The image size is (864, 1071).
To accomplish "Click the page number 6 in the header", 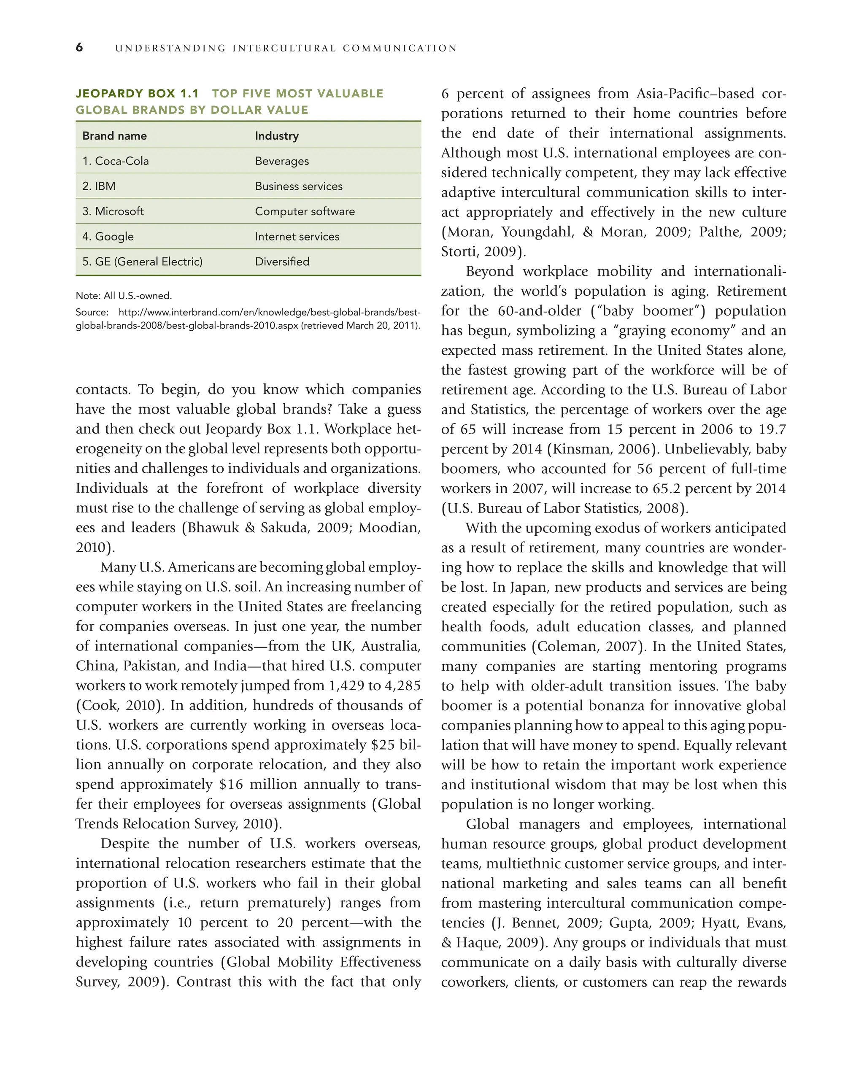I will tap(79, 47).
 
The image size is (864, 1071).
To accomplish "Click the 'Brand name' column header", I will tap(114, 136).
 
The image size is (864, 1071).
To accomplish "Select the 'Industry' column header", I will tap(277, 136).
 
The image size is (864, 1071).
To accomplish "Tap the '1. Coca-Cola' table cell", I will tap(116, 161).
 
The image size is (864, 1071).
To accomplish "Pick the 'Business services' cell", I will tap(299, 186).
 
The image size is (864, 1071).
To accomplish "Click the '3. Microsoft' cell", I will tap(113, 211).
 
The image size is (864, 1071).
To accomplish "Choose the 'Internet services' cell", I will tap(297, 236).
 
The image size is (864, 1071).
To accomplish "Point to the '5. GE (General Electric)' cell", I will tap(142, 262).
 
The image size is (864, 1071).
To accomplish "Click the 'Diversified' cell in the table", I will tap(282, 262).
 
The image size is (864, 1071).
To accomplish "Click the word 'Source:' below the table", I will tap(92, 313).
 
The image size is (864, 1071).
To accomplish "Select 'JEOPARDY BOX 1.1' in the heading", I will tap(137, 94).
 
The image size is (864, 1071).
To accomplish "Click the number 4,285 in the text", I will tap(402, 685).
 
